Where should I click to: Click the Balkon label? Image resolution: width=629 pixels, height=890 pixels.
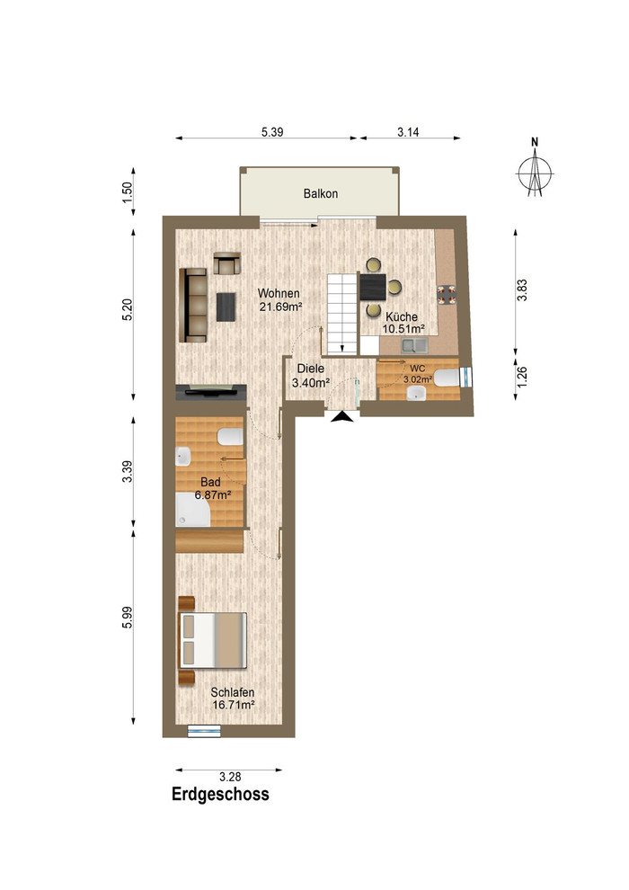(x=321, y=193)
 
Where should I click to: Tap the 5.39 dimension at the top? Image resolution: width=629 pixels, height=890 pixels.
(x=272, y=131)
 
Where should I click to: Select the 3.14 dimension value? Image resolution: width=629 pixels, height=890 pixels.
(x=408, y=131)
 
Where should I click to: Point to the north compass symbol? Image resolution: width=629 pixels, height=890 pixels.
(x=535, y=168)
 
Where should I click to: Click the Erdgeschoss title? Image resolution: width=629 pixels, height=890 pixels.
(x=221, y=794)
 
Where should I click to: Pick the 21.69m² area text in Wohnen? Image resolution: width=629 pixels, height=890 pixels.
(x=280, y=307)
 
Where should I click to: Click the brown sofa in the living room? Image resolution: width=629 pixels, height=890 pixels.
(x=193, y=306)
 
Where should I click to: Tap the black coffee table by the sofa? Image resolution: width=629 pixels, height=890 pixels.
(x=226, y=307)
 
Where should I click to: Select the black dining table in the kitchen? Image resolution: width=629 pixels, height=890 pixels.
(x=373, y=287)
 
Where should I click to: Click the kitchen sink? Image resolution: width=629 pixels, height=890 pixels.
(x=414, y=344)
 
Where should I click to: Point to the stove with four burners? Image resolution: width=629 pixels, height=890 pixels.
(x=447, y=294)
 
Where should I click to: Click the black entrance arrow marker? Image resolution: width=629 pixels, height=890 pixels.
(x=342, y=417)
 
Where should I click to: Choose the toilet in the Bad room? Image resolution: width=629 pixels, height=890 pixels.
(x=230, y=437)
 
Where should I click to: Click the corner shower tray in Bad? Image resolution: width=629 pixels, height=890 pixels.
(x=193, y=509)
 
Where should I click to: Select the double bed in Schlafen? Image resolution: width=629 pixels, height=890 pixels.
(x=213, y=640)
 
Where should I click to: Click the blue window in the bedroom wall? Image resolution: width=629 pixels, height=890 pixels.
(x=204, y=731)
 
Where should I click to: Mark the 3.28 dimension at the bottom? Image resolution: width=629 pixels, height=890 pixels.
(x=230, y=777)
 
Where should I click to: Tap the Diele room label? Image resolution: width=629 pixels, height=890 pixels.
(x=311, y=369)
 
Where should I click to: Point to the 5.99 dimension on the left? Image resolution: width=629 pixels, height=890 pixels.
(x=127, y=618)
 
